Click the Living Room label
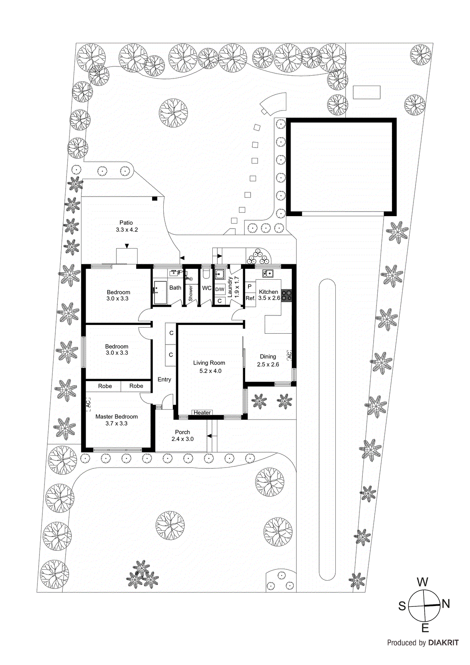(209, 363)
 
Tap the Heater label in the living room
(202, 413)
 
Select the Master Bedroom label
(116, 416)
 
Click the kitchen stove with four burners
(286, 295)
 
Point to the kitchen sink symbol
(268, 273)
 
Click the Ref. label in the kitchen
(250, 298)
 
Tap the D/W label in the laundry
(220, 289)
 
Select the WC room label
(207, 288)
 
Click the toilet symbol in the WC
(206, 273)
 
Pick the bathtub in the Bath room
(160, 293)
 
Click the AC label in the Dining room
(290, 355)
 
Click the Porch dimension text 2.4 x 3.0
(182, 439)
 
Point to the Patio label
(126, 223)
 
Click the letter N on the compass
(446, 603)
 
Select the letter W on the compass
(422, 582)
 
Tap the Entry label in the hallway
(164, 379)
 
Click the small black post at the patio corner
(155, 199)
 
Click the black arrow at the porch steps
(209, 436)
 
